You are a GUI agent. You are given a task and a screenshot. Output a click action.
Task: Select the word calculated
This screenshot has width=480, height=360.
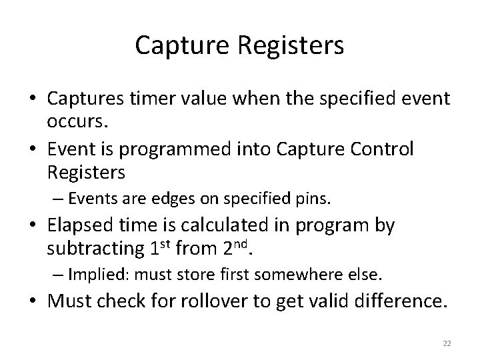coord(219,226)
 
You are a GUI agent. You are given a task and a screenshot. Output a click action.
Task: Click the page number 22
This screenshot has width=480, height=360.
coord(446,341)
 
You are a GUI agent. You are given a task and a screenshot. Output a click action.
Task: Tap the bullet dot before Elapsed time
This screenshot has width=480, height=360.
coord(35,227)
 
